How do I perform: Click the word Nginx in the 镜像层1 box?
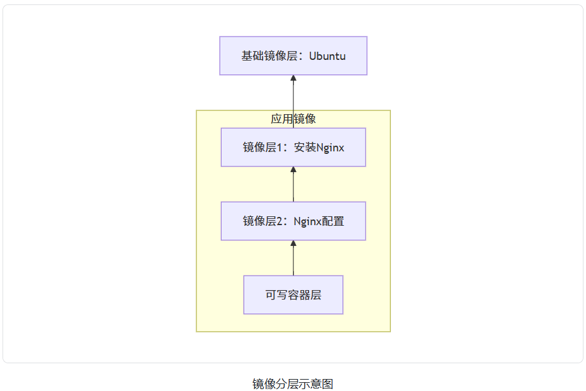(330, 148)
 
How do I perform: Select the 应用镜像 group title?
(293, 119)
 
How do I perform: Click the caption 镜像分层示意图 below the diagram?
(293, 383)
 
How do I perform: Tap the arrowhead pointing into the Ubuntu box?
(293, 79)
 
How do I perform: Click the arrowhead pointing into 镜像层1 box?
(293, 170)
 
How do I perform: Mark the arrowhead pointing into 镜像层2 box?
(293, 244)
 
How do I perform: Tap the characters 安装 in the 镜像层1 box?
(305, 148)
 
